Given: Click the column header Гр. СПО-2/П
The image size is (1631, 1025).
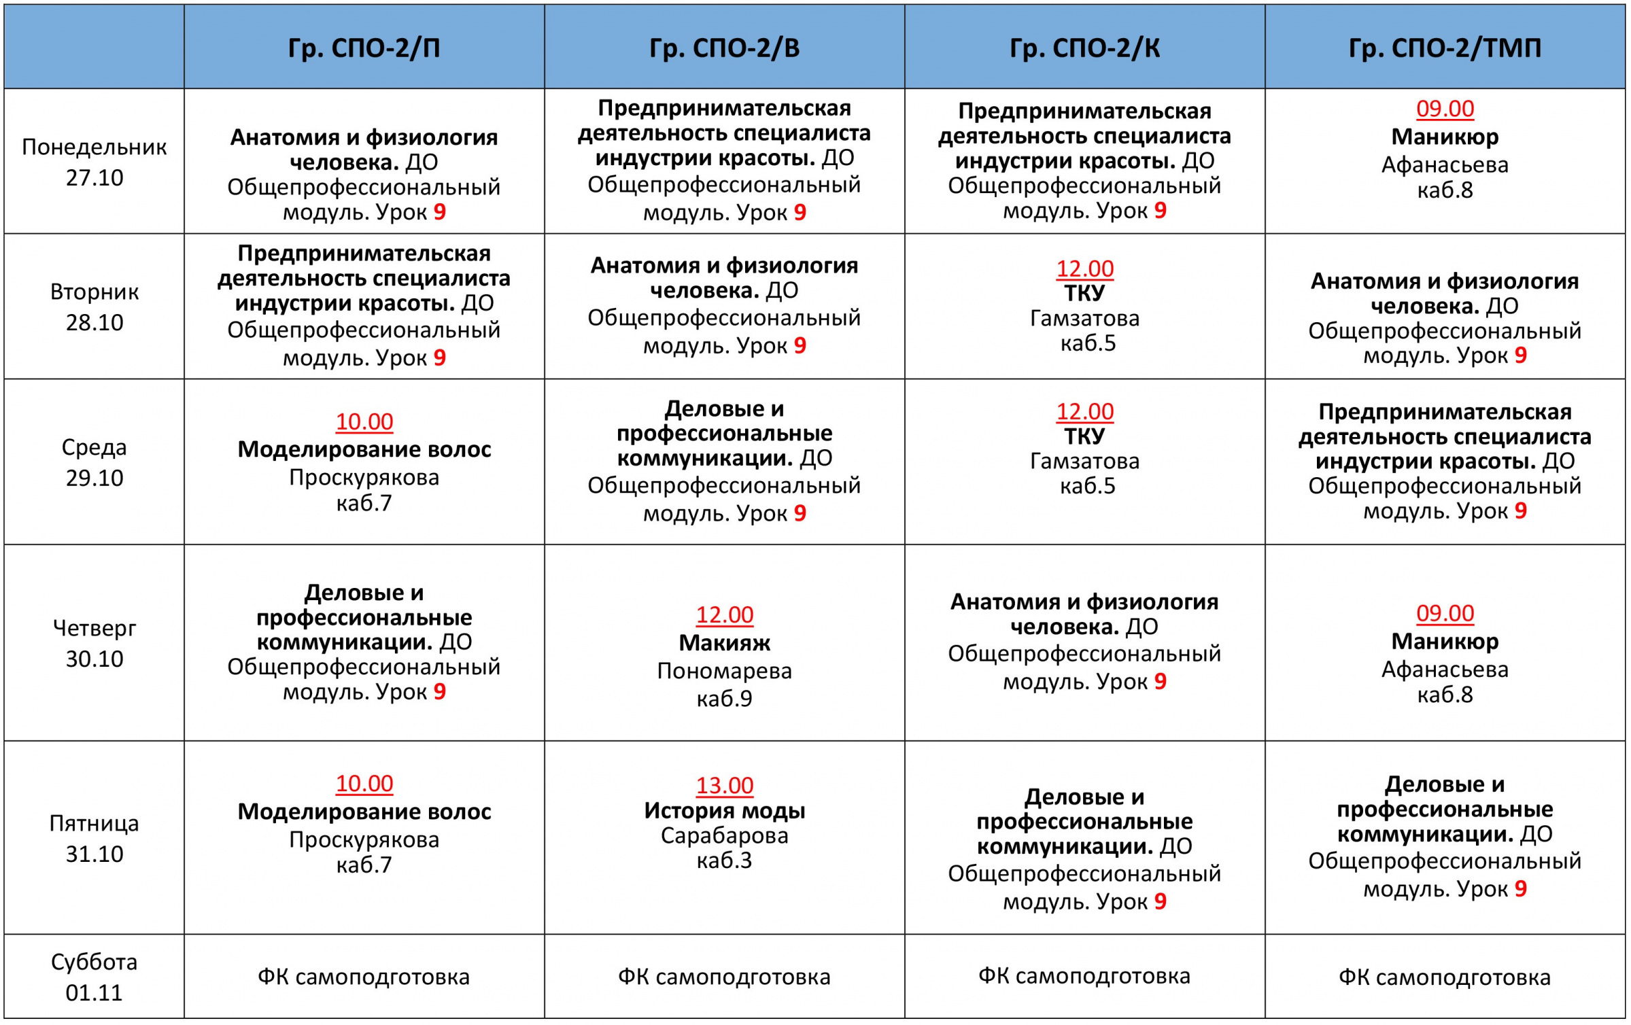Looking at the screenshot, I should click(364, 48).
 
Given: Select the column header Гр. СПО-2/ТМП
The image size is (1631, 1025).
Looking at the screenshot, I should click(1445, 48).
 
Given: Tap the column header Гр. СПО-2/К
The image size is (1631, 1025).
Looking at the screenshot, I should click(1084, 48).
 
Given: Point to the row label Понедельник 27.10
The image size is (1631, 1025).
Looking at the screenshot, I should click(94, 162).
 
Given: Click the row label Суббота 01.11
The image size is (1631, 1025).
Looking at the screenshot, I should click(94, 977).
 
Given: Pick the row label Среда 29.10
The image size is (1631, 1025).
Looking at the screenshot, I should click(94, 462).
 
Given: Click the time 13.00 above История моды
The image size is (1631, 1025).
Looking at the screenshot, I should click(724, 786).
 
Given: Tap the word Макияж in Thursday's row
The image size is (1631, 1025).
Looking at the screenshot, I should click(724, 642).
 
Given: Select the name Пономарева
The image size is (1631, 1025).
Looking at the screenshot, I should click(724, 671).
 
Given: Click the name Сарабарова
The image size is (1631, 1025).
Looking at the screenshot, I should click(724, 835).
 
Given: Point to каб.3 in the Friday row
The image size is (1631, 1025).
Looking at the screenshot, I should click(724, 861).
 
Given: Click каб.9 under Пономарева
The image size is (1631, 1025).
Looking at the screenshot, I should click(724, 699).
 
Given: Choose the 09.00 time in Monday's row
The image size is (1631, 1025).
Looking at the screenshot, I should click(1445, 109).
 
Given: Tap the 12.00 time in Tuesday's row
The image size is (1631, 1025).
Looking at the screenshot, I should click(1084, 268).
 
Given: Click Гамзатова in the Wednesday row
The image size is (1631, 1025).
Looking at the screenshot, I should click(1084, 461).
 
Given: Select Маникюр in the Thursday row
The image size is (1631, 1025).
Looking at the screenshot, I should click(1445, 641).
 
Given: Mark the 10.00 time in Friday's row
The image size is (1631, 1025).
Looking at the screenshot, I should click(364, 784).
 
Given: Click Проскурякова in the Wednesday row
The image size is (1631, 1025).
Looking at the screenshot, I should click(364, 478).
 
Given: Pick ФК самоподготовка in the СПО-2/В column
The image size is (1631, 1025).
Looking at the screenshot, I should click(724, 977).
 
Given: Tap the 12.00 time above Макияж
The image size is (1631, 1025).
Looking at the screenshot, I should click(724, 614).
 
